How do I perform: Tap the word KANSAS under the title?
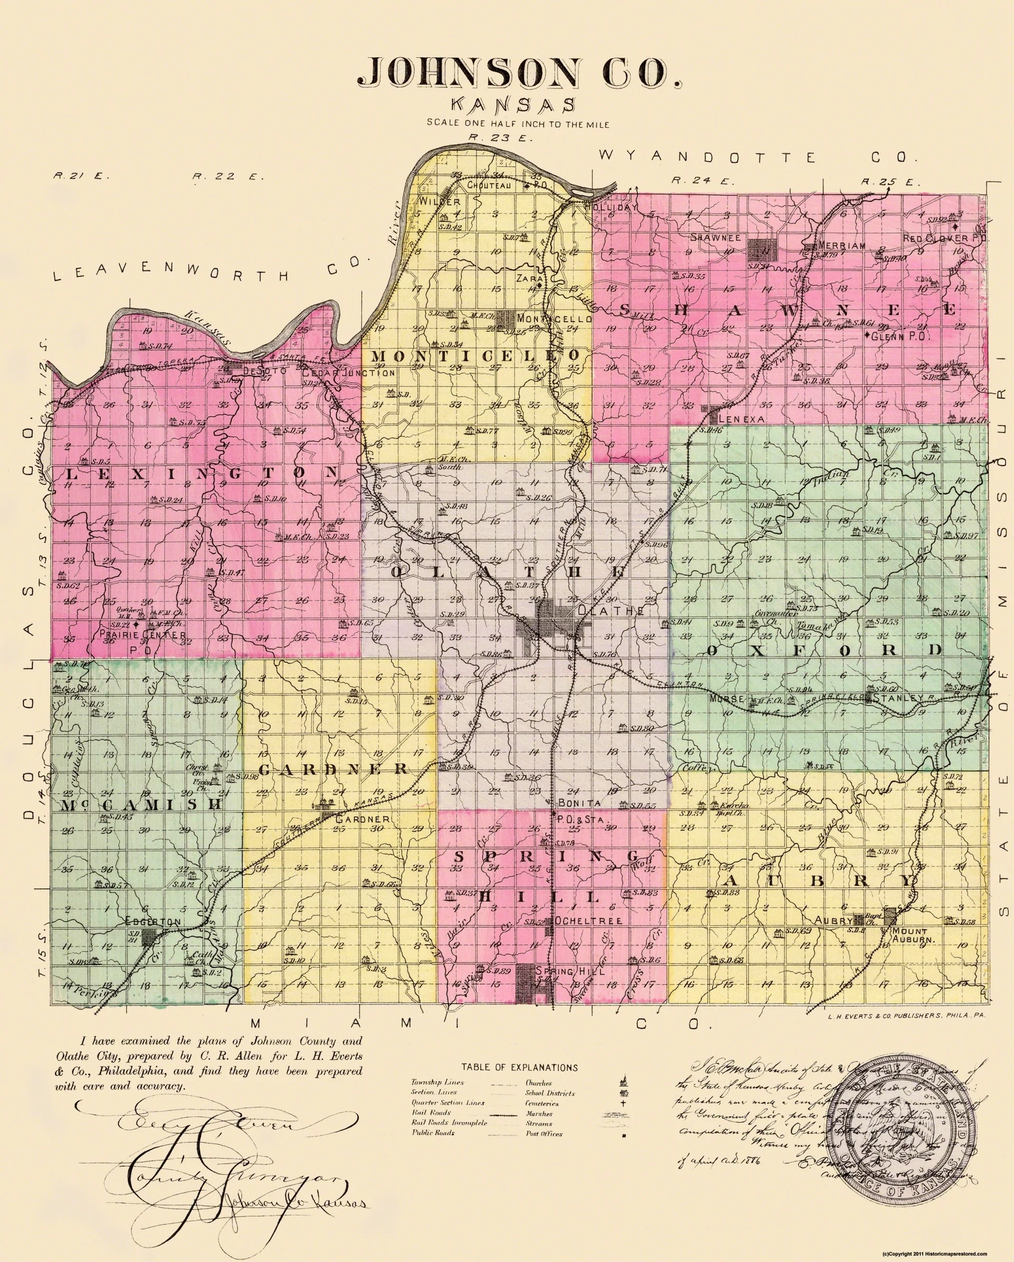(x=513, y=105)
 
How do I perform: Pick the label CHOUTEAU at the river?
(x=489, y=185)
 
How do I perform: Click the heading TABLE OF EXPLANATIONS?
(x=519, y=1067)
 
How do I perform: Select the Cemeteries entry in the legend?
(x=542, y=1104)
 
